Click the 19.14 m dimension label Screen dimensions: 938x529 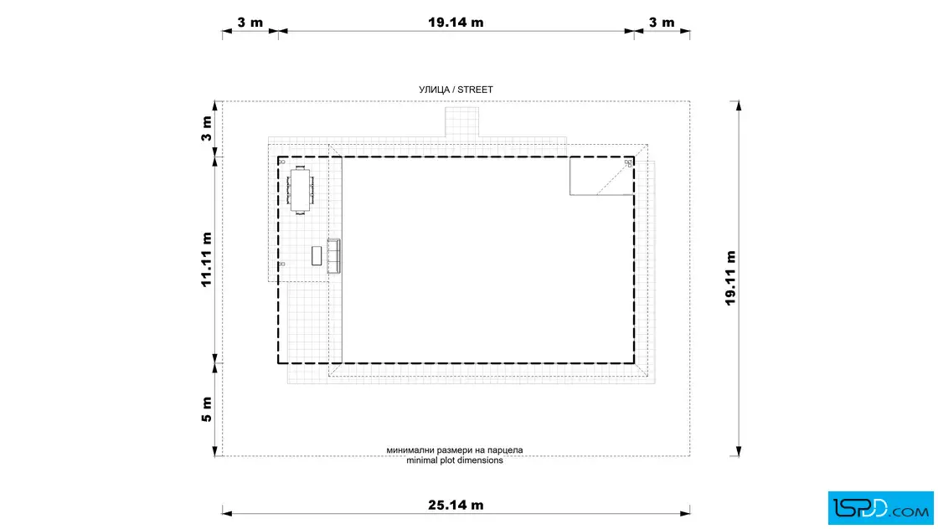click(456, 22)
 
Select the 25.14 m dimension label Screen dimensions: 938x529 click(456, 505)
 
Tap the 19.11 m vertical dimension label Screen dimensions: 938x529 click(730, 278)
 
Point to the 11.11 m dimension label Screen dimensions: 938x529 click(206, 259)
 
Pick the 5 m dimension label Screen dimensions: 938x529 click(206, 409)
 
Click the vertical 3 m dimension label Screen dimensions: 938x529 click(206, 129)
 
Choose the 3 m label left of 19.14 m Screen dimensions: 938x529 click(250, 22)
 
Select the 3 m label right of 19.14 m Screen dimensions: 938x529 click(662, 22)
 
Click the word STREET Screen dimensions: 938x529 click(475, 90)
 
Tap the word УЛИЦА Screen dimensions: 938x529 click(434, 90)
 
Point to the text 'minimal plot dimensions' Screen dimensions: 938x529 click(455, 460)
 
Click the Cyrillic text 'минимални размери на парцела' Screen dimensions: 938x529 click(455, 450)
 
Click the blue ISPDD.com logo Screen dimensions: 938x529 click(880, 508)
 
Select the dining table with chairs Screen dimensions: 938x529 click(301, 190)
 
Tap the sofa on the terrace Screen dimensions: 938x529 click(334, 256)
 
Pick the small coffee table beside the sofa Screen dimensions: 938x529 click(317, 256)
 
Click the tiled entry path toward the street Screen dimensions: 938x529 click(461, 122)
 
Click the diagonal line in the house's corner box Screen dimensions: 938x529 click(615, 177)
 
